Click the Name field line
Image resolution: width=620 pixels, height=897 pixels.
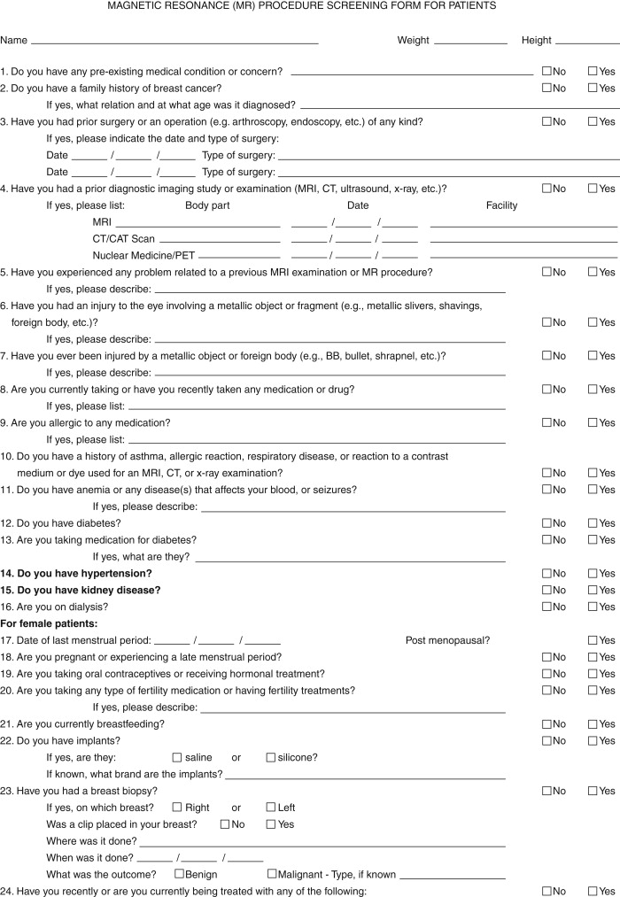(174, 42)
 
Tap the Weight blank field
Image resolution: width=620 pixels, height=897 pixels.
(470, 42)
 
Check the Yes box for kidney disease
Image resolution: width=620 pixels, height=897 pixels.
(593, 590)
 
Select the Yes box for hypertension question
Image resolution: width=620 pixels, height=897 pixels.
(593, 573)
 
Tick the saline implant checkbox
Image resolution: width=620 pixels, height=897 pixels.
(177, 757)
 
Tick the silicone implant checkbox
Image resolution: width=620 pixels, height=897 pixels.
(271, 757)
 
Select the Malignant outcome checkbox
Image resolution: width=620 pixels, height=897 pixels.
(272, 874)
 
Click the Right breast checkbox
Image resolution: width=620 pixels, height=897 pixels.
(177, 807)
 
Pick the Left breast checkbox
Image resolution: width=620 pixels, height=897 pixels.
(271, 807)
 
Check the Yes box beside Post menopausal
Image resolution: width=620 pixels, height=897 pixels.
(593, 640)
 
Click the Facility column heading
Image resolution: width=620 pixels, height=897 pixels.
(501, 205)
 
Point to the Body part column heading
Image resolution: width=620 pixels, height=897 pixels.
(207, 205)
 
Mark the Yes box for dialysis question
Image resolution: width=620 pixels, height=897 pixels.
(593, 607)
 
